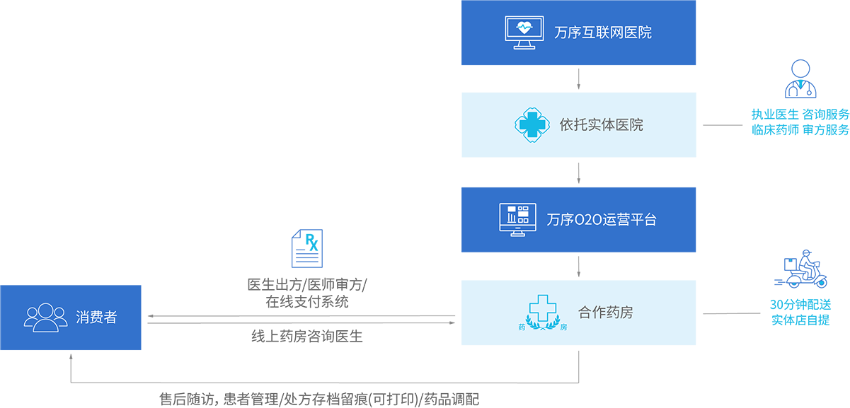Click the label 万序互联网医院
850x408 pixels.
[603, 33]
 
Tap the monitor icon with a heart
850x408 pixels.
[524, 33]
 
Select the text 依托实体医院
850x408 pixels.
[601, 125]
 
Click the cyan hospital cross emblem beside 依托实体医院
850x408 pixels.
[532, 125]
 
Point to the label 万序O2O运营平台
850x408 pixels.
[602, 220]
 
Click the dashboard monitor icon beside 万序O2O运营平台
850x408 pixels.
[514, 220]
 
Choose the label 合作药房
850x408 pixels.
[605, 313]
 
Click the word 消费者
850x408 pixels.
[96, 317]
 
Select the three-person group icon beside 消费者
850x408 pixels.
[46, 317]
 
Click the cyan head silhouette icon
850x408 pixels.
[309, 242]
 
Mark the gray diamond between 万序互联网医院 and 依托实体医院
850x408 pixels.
[579, 78]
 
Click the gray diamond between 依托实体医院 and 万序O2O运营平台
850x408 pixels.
[579, 172]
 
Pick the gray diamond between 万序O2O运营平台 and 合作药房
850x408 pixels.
[579, 265]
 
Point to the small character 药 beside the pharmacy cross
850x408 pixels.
[523, 327]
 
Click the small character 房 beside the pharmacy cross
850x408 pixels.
[564, 327]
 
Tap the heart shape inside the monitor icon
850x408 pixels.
[524, 28]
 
